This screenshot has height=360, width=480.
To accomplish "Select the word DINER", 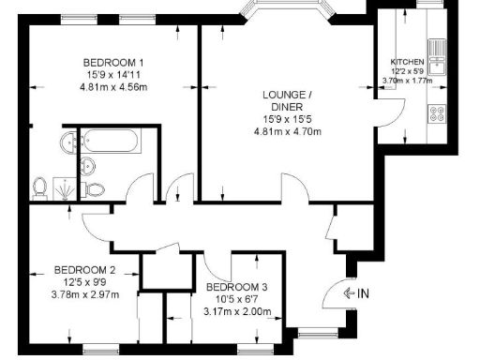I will click(x=287, y=107).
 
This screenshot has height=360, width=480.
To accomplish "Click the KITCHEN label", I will click(x=408, y=62).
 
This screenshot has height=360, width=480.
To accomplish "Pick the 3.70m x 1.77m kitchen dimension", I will click(x=408, y=81).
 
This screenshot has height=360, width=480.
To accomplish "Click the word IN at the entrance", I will click(x=363, y=293).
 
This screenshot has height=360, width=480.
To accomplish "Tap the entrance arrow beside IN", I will click(x=349, y=293).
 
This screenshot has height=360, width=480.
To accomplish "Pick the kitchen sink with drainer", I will click(x=437, y=47).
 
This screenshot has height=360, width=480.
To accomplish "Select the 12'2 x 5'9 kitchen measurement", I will click(x=408, y=71).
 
